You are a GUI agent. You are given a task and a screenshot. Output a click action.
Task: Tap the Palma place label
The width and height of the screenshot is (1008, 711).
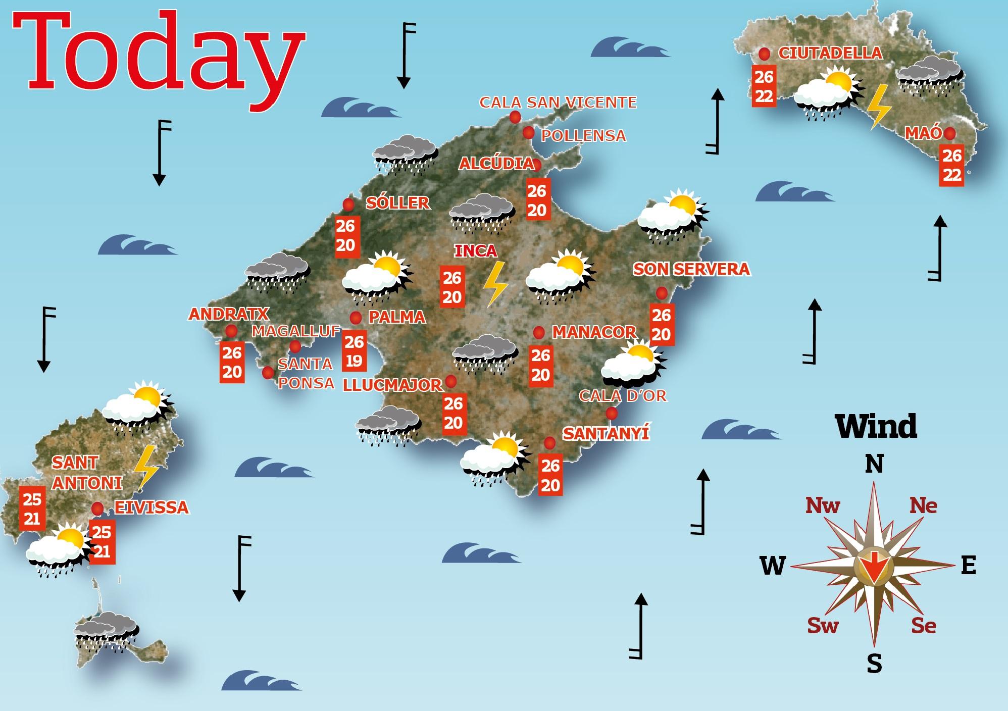coord(397,317)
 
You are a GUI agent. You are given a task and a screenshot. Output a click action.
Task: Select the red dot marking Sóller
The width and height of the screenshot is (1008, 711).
coord(348,205)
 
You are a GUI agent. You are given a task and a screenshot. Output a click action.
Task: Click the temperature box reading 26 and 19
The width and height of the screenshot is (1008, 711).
coord(354,351)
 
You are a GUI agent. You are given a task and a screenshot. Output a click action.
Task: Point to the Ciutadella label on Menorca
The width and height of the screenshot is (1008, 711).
coord(830,53)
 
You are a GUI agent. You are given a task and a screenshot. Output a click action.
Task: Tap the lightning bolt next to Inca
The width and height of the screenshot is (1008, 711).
coord(495,284)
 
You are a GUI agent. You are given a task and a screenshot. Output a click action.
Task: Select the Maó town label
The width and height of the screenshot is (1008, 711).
coord(923,133)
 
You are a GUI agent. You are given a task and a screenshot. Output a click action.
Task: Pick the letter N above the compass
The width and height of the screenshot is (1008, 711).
coord(874,464)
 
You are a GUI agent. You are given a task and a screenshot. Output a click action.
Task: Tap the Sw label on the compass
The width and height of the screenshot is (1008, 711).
coord(823,625)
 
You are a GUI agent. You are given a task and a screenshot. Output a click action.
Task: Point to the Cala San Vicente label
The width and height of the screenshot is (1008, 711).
coord(558,103)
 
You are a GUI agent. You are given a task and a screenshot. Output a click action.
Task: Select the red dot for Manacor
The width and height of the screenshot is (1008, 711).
coord(539,332)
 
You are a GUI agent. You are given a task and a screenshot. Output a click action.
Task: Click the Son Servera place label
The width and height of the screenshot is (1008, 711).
coord(691,269)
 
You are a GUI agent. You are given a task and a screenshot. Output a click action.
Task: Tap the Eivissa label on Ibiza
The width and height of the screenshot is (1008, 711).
coord(152,507)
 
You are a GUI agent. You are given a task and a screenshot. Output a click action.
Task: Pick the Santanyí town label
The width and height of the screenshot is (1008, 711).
coord(606,433)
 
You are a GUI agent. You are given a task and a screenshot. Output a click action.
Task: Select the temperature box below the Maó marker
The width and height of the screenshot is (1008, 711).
coord(951,165)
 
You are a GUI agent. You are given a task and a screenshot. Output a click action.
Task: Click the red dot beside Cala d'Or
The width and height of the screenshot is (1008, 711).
coord(612,413)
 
